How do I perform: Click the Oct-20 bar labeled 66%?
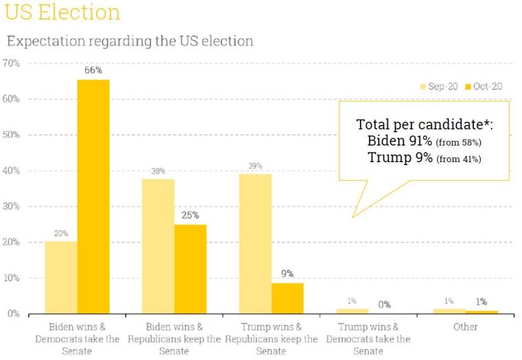tap(93, 196)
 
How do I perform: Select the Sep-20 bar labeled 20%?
tap(60, 278)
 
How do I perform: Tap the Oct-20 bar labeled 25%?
tap(190, 269)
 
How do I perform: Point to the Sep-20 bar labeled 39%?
tap(255, 244)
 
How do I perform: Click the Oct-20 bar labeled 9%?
tap(287, 298)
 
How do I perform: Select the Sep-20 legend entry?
tap(438, 87)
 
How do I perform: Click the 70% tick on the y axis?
tap(11, 63)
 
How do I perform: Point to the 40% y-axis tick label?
tap(11, 170)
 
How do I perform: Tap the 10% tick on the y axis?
tap(11, 278)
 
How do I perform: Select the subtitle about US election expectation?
tap(130, 41)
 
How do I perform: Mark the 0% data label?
tap(384, 304)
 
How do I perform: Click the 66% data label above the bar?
tap(93, 70)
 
